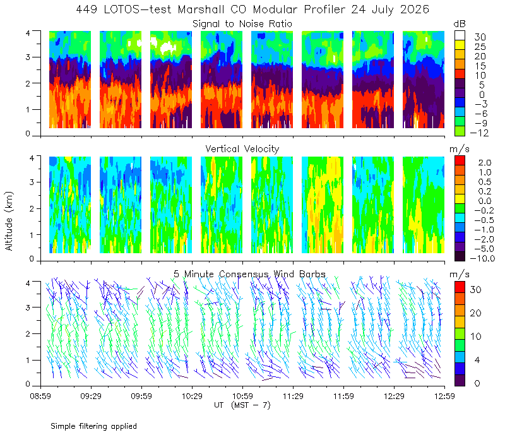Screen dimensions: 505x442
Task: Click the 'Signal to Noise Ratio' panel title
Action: (242, 24)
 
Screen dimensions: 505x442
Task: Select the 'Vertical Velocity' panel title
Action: (242, 149)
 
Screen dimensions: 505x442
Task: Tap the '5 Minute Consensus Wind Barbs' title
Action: (249, 274)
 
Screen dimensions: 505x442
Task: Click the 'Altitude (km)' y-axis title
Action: (9, 221)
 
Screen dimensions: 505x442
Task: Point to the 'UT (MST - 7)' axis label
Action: (242, 405)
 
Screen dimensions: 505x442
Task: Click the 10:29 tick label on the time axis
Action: (192, 396)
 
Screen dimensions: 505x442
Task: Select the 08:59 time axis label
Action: (40, 396)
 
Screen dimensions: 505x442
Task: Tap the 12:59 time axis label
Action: (444, 396)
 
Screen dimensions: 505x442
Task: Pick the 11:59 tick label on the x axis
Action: (343, 396)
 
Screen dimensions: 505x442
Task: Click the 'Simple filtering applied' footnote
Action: (93, 426)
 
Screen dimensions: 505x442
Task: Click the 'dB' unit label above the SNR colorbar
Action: (460, 24)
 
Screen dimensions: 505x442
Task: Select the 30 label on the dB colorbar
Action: (480, 37)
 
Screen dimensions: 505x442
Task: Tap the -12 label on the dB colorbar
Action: (479, 133)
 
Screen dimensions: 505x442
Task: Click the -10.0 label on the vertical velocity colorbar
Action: (482, 258)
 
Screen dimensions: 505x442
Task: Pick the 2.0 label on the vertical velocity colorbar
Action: (485, 163)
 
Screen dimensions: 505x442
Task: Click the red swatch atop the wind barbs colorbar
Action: (460, 287)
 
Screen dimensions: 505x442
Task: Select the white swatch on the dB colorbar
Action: (460, 35)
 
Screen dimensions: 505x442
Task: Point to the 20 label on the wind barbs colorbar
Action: (476, 313)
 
